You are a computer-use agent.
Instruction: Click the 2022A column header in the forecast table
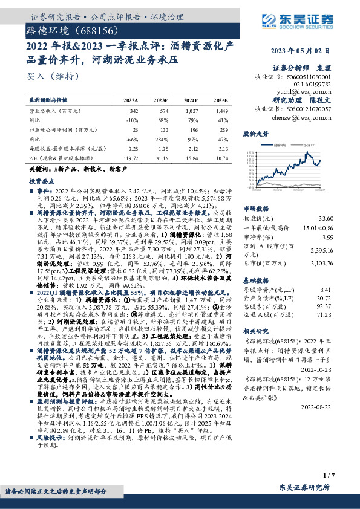tap(130, 99)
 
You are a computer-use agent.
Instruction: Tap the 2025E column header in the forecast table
tap(221, 99)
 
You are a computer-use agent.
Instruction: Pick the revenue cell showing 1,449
tap(221, 111)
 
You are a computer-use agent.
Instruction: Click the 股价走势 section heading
tap(254, 132)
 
